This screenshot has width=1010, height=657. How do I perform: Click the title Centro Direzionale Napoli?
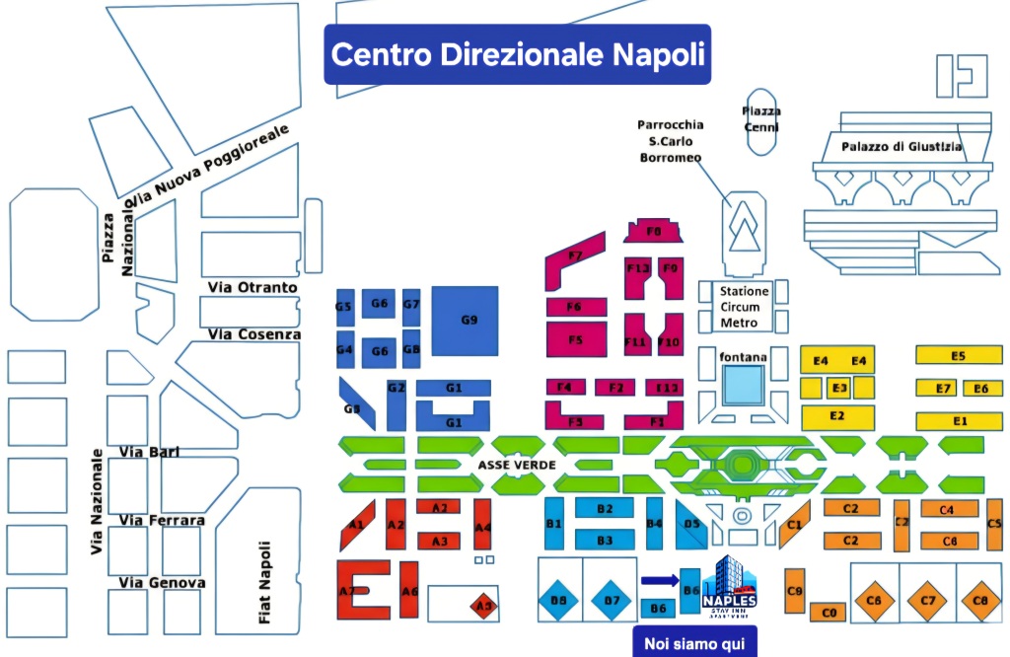[518, 53]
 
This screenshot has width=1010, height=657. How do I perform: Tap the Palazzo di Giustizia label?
[902, 147]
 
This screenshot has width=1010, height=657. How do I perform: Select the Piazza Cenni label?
[760, 119]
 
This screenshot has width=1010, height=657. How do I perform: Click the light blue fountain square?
[743, 385]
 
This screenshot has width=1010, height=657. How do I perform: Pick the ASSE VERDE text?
[517, 465]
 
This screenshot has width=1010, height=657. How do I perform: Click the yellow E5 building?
[958, 355]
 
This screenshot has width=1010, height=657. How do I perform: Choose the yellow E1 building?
[959, 421]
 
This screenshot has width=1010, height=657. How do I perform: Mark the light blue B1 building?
[554, 524]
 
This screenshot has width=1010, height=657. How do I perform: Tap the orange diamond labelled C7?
[927, 600]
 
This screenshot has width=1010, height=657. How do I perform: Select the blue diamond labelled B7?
[612, 600]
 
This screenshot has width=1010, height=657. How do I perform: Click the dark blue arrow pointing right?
[660, 580]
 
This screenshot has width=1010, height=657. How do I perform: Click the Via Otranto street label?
[252, 287]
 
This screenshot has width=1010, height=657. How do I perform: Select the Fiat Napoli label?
[263, 582]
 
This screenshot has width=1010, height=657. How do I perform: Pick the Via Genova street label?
[162, 583]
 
